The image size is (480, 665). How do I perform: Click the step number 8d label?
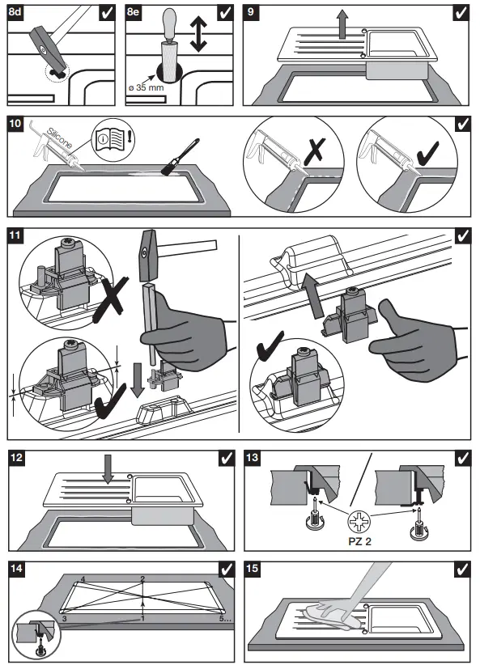15,11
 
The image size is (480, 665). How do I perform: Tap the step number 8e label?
133,11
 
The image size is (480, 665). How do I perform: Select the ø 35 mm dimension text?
146,88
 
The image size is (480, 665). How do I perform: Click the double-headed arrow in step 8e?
198,34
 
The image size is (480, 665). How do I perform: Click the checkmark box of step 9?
461,13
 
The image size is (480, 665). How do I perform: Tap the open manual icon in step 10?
113,138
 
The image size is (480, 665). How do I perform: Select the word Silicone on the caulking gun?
59,138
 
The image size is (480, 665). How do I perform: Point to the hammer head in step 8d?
48,47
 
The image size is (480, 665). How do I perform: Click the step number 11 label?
15,235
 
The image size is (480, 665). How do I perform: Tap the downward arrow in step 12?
108,469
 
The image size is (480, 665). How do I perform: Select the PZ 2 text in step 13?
360,541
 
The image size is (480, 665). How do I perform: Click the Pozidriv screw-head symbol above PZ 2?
359,522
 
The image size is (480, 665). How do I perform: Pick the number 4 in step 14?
83,579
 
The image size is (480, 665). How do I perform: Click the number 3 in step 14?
64,619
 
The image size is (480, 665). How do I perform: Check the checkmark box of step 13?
462,459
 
